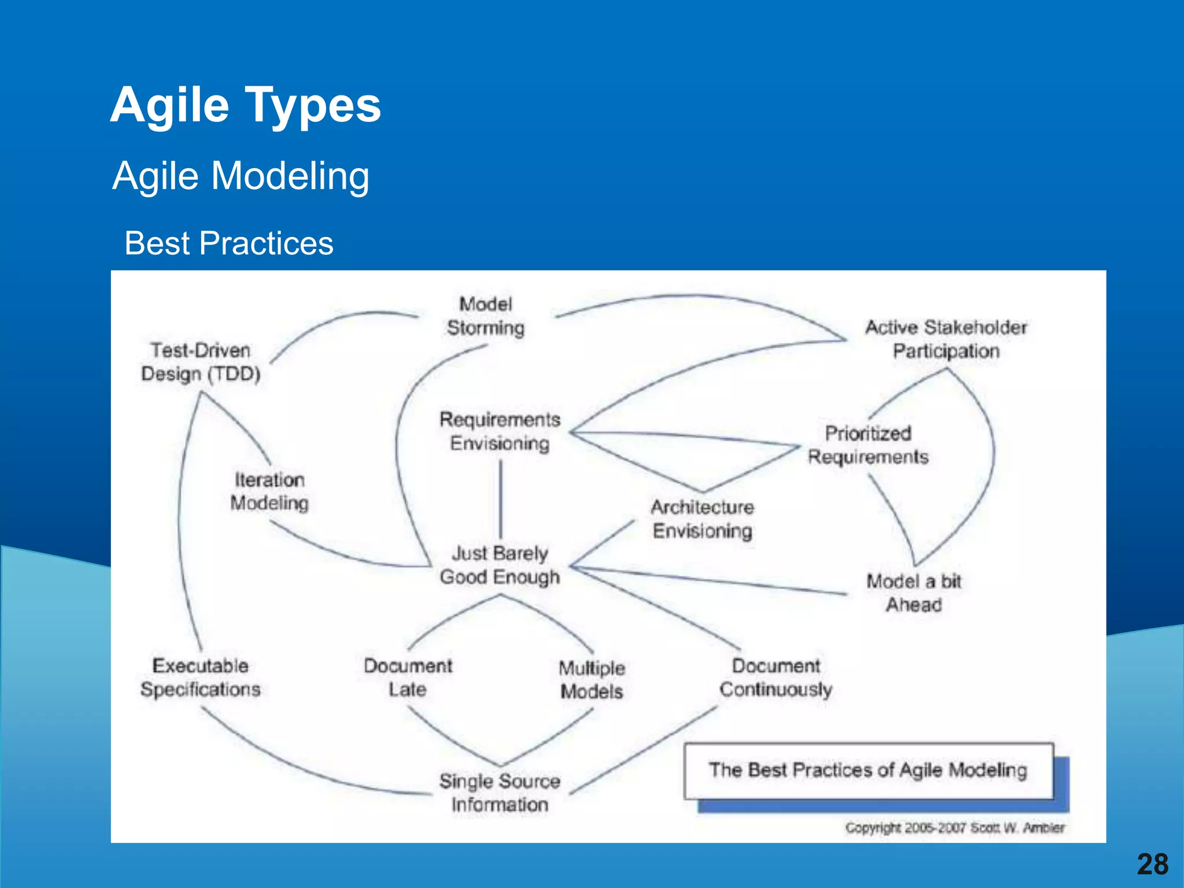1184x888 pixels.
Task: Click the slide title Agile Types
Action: (246, 105)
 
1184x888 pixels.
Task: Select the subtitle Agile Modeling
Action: (241, 176)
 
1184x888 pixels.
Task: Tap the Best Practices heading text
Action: (229, 243)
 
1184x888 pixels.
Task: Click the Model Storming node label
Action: (486, 316)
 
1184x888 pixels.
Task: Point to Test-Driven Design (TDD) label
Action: (201, 362)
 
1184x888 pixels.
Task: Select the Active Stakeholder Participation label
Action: (946, 339)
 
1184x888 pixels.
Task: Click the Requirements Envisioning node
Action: (500, 431)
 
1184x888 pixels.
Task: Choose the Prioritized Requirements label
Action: (868, 445)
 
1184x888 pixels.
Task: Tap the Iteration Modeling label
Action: (269, 491)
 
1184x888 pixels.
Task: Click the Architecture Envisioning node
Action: (702, 519)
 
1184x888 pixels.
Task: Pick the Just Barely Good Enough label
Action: (500, 565)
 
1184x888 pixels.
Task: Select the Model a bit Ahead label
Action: (913, 593)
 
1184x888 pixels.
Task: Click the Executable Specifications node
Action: (201, 678)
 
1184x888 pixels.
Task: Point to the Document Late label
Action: (408, 678)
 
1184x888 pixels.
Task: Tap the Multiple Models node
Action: (592, 680)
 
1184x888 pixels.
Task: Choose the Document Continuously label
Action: (776, 678)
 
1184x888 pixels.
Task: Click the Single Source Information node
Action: (500, 793)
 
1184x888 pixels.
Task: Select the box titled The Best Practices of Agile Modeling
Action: (868, 771)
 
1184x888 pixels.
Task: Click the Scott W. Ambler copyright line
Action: (954, 828)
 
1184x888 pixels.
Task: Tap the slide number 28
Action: (1152, 865)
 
